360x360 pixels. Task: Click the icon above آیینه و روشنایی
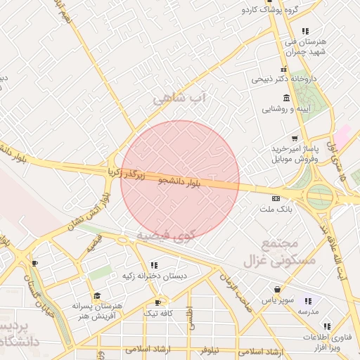point(295,98)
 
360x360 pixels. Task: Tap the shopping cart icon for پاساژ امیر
point(294,139)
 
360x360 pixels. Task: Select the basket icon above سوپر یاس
point(278,289)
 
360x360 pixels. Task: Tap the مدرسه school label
point(306,311)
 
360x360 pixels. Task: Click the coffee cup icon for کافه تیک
point(157,302)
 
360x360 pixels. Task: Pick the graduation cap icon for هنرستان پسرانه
point(97,296)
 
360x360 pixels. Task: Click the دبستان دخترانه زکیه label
point(155,276)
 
